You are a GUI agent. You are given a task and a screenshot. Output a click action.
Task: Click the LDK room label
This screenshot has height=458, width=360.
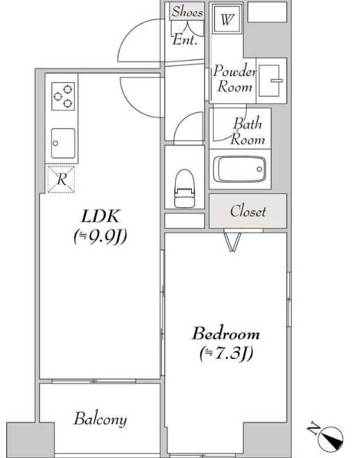100,216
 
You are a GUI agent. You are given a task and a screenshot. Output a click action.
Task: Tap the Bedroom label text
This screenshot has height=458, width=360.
225,334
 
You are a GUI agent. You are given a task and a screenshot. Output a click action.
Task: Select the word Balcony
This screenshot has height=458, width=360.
100,419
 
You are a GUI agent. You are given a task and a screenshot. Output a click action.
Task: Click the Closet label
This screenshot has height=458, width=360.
248,211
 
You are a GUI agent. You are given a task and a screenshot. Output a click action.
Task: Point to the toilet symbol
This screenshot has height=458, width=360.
184,189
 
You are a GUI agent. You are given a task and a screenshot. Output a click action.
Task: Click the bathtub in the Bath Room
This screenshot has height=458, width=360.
239,170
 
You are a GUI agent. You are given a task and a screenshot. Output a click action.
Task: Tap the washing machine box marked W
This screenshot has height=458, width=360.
227,20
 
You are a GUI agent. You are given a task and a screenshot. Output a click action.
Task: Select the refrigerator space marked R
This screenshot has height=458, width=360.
61,179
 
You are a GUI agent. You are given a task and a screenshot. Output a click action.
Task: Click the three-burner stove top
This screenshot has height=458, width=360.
63,96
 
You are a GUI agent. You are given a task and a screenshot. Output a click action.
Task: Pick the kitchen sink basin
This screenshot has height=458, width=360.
63,143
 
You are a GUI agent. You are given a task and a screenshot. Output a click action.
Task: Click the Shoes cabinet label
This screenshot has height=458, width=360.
187,11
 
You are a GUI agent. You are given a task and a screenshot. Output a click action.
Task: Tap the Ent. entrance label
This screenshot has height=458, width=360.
185,39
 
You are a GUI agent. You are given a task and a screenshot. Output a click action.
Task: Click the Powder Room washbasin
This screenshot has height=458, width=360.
271,80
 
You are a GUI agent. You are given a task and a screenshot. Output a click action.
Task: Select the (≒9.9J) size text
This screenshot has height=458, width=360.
100,236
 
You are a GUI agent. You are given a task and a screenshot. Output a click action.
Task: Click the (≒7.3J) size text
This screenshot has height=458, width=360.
226,353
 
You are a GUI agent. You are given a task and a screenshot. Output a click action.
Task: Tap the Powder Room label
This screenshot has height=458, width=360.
234,79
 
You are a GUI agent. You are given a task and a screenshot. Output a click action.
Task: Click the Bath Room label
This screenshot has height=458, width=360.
248,131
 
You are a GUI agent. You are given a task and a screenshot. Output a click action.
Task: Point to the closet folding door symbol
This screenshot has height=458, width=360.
232,242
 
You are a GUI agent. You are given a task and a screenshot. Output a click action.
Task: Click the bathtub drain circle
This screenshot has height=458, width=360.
260,169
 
